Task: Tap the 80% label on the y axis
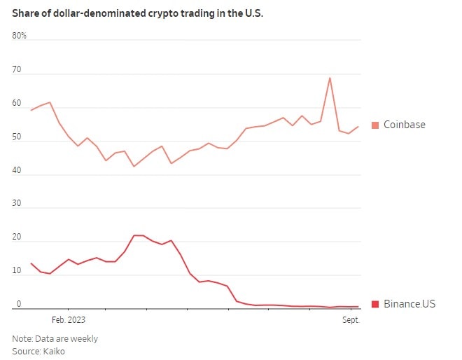[19, 36]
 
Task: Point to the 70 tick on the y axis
[17, 70]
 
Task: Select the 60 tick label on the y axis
[17, 104]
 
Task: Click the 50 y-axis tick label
[17, 137]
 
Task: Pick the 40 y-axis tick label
[17, 171]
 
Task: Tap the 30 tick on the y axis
[17, 205]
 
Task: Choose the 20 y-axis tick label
[17, 238]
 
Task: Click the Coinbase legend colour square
[375, 125]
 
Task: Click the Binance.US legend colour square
[375, 304]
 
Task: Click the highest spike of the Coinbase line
[330, 78]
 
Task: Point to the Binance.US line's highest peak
[139, 235]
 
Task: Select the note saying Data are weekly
[55, 339]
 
